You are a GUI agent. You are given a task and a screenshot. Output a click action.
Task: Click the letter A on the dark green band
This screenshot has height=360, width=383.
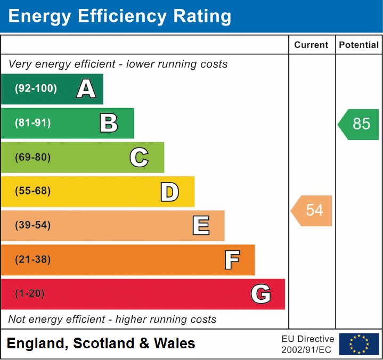point(86,89)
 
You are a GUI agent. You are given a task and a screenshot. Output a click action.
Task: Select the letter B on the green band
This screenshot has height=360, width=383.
point(109,123)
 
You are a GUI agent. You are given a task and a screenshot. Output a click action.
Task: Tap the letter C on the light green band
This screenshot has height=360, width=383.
point(139,157)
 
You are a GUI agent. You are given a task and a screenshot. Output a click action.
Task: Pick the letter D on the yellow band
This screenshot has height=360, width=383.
point(169,191)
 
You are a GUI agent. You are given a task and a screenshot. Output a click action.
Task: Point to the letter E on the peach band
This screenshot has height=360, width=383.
point(200,225)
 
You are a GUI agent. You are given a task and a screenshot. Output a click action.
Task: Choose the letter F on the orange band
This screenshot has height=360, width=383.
point(231,260)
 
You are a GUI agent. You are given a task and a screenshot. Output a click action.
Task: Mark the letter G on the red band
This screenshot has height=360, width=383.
point(261,294)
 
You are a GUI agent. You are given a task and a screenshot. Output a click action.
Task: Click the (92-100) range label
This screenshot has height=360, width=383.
point(36,89)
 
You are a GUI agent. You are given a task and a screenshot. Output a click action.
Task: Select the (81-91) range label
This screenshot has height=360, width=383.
point(33,123)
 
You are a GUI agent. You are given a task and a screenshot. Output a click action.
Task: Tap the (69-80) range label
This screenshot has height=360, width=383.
point(33,157)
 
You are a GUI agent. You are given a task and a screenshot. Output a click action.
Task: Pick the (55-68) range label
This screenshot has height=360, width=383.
point(33,191)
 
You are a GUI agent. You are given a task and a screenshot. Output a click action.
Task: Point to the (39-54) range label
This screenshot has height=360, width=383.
point(33,225)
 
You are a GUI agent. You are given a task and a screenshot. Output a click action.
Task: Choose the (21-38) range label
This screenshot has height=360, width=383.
point(33,260)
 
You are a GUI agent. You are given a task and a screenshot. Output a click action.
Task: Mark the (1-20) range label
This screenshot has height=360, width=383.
point(30,294)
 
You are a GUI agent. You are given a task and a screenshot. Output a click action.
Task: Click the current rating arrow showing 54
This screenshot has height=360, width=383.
point(312,210)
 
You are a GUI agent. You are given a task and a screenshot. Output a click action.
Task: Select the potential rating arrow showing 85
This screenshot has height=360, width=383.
point(359,124)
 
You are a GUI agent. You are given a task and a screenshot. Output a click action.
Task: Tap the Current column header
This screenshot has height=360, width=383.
point(312,45)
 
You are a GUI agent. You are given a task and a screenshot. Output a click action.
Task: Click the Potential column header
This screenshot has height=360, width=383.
point(359,45)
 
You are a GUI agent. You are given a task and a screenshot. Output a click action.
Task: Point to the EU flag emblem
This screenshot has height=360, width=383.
point(359,344)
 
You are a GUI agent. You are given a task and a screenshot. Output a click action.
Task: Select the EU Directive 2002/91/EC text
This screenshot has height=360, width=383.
point(307,344)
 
